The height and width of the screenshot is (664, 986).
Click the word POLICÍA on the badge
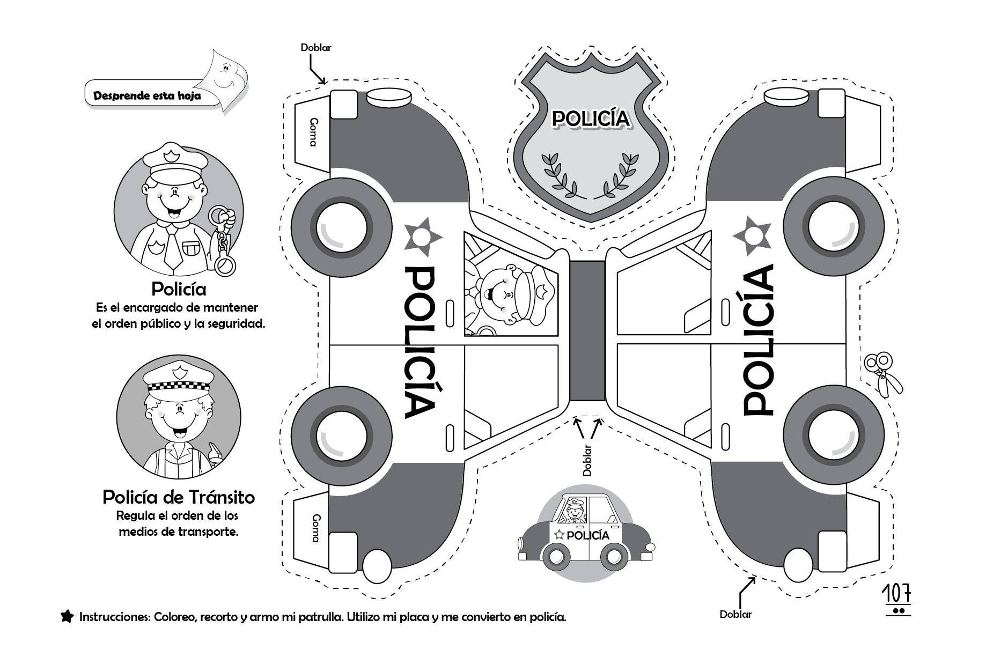point(591,119)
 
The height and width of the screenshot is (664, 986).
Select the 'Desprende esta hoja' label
point(147,96)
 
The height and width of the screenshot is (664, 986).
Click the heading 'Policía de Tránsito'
point(179,497)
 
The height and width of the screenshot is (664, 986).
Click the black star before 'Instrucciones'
point(67,616)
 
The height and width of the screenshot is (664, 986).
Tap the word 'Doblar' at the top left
point(316,47)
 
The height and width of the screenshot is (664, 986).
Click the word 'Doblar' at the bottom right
point(735,615)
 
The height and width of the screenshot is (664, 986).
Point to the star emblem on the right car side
point(753,235)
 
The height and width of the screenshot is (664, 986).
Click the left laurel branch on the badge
point(558,174)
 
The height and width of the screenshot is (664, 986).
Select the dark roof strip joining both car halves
point(587,331)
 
